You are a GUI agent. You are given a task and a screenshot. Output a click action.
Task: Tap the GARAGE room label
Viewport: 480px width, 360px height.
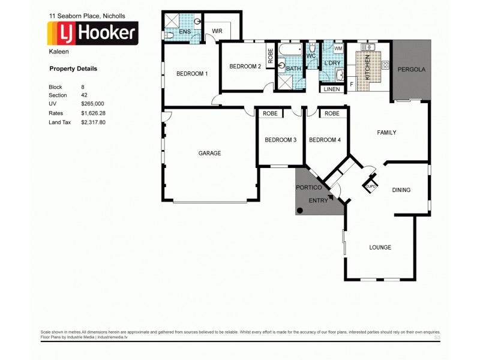(209, 153)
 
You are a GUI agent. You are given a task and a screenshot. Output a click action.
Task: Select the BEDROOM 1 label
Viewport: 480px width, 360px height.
(191, 74)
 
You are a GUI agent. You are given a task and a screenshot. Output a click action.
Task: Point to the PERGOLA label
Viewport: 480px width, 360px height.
(412, 70)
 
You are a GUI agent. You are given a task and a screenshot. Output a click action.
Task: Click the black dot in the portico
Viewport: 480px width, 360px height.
(300, 210)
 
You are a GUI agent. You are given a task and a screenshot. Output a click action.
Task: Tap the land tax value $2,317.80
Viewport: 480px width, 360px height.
(93, 122)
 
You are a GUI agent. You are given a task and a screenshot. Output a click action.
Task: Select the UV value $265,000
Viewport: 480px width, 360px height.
(92, 104)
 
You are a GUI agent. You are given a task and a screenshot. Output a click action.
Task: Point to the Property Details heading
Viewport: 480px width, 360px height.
(73, 69)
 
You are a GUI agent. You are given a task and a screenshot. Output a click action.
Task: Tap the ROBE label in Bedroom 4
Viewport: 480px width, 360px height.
(332, 113)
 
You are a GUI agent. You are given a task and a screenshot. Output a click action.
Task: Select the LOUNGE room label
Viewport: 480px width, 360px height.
(380, 247)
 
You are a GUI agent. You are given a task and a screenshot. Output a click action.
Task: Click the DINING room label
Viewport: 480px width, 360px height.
(401, 190)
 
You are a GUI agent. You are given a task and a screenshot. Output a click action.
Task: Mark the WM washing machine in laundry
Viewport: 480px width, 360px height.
(338, 48)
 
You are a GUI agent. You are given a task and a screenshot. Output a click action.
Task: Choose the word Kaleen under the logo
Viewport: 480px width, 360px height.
(56, 52)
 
